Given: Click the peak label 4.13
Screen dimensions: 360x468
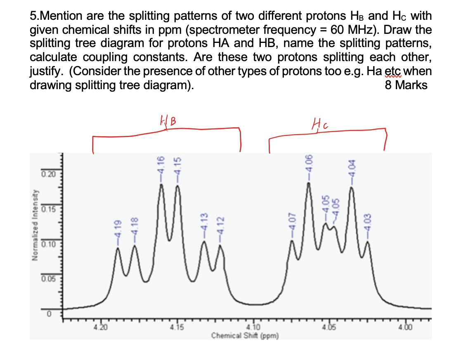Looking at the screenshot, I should [203, 223].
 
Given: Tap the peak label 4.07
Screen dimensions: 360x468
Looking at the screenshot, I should [292, 223].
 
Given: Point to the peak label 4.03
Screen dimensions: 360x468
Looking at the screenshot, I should [368, 224].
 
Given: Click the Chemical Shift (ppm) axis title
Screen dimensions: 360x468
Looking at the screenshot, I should [246, 335].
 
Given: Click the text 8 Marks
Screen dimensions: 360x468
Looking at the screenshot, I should [405, 85].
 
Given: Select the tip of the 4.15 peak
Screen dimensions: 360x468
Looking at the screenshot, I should [178, 186].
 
